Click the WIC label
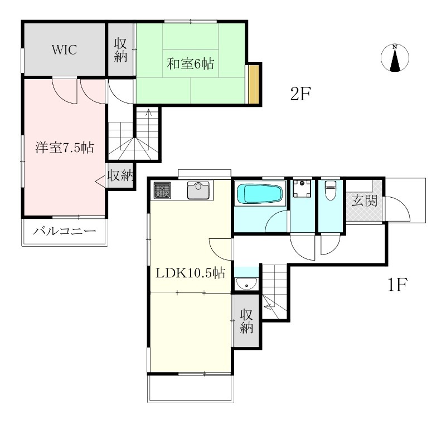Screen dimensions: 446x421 tap(64, 50)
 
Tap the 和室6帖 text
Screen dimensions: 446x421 tap(190, 63)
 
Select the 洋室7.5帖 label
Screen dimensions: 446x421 tap(65, 148)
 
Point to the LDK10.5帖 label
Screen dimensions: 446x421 tap(190, 273)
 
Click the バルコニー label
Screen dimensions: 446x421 tap(64, 231)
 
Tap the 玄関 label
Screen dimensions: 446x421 tap(365, 201)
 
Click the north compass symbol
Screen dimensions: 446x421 tap(395, 58)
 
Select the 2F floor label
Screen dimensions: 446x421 tap(300, 94)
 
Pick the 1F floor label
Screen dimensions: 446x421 tap(397, 285)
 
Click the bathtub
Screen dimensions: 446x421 tap(259, 194)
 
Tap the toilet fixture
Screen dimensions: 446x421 tap(330, 189)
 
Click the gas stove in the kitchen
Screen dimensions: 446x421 tap(162, 190)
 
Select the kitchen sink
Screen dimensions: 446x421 tap(198, 190)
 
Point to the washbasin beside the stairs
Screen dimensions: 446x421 tap(246, 284)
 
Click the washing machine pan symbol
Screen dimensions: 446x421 tap(302, 188)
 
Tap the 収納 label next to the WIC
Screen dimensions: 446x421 tap(120, 50)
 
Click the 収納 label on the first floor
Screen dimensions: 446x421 tap(246, 321)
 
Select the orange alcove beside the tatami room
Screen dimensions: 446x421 tap(254, 84)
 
